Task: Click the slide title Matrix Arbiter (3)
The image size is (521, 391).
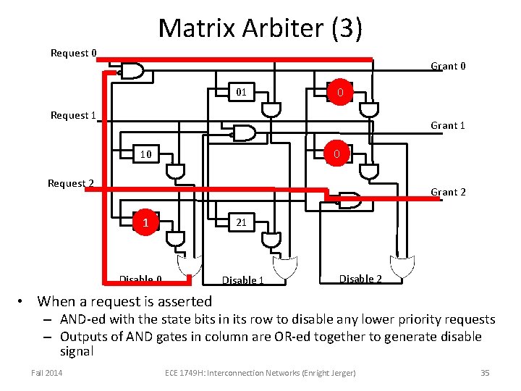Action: [260, 28]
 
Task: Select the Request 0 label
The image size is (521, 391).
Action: [73, 53]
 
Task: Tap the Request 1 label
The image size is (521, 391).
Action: [73, 115]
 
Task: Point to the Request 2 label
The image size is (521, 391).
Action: [70, 183]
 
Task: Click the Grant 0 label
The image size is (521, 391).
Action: [448, 66]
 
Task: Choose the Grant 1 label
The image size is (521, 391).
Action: [447, 125]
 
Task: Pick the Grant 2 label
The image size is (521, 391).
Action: [448, 192]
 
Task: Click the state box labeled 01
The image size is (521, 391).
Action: [242, 92]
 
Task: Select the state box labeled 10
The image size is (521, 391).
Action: [145, 154]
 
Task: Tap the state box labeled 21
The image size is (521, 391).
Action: [242, 222]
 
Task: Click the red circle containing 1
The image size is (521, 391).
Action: [145, 222]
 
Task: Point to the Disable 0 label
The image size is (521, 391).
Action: [140, 279]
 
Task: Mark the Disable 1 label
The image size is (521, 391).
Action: [242, 280]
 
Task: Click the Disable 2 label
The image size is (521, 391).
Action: [361, 279]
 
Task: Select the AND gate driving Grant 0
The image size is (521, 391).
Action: [132, 70]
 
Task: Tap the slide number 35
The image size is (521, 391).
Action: [485, 373]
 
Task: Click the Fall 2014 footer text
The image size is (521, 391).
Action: [47, 373]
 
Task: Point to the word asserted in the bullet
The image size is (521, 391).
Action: [179, 301]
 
